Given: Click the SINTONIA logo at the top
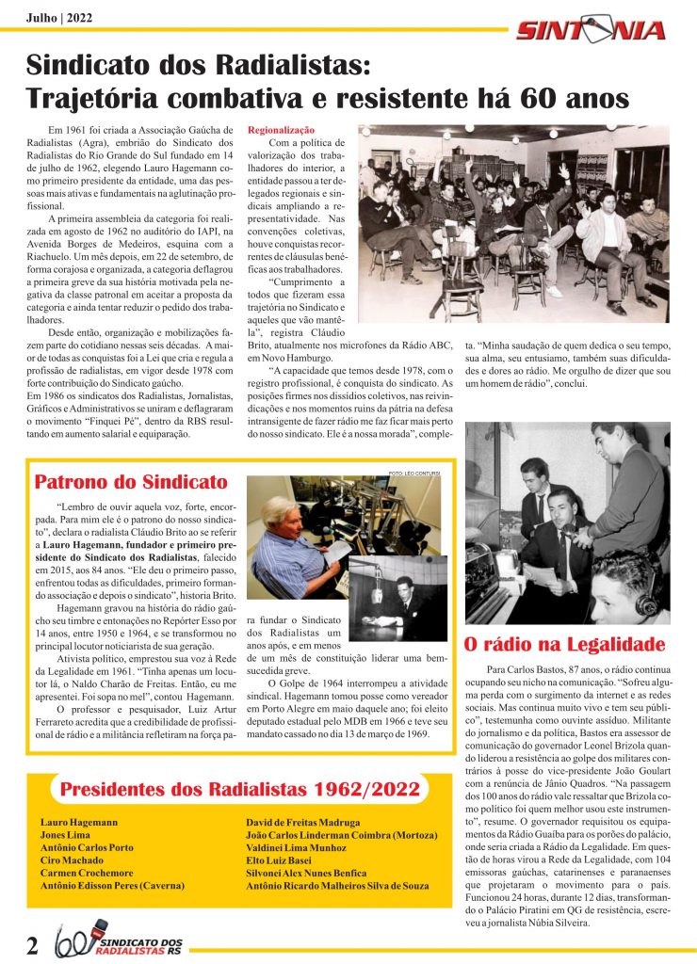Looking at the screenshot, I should [591, 30].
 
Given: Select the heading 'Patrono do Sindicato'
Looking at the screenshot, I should [131, 483].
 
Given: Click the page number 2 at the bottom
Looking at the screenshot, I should [32, 944].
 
